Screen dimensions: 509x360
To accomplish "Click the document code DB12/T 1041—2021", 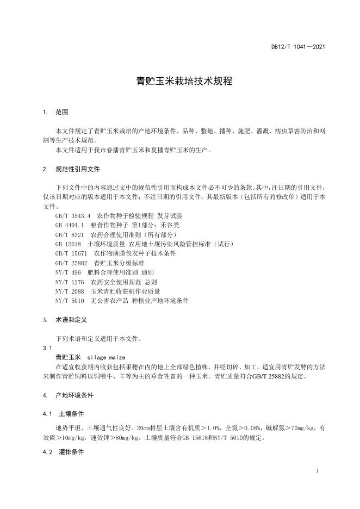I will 298,47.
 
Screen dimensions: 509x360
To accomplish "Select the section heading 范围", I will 61,112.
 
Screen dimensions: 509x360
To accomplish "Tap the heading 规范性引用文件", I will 78,169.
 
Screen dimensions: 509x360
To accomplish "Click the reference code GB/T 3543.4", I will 73,216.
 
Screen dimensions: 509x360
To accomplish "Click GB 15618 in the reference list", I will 68,245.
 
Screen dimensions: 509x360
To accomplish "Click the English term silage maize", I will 106,357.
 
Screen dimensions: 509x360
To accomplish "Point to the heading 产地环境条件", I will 75,395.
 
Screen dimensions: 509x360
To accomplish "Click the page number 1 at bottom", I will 317,471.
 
